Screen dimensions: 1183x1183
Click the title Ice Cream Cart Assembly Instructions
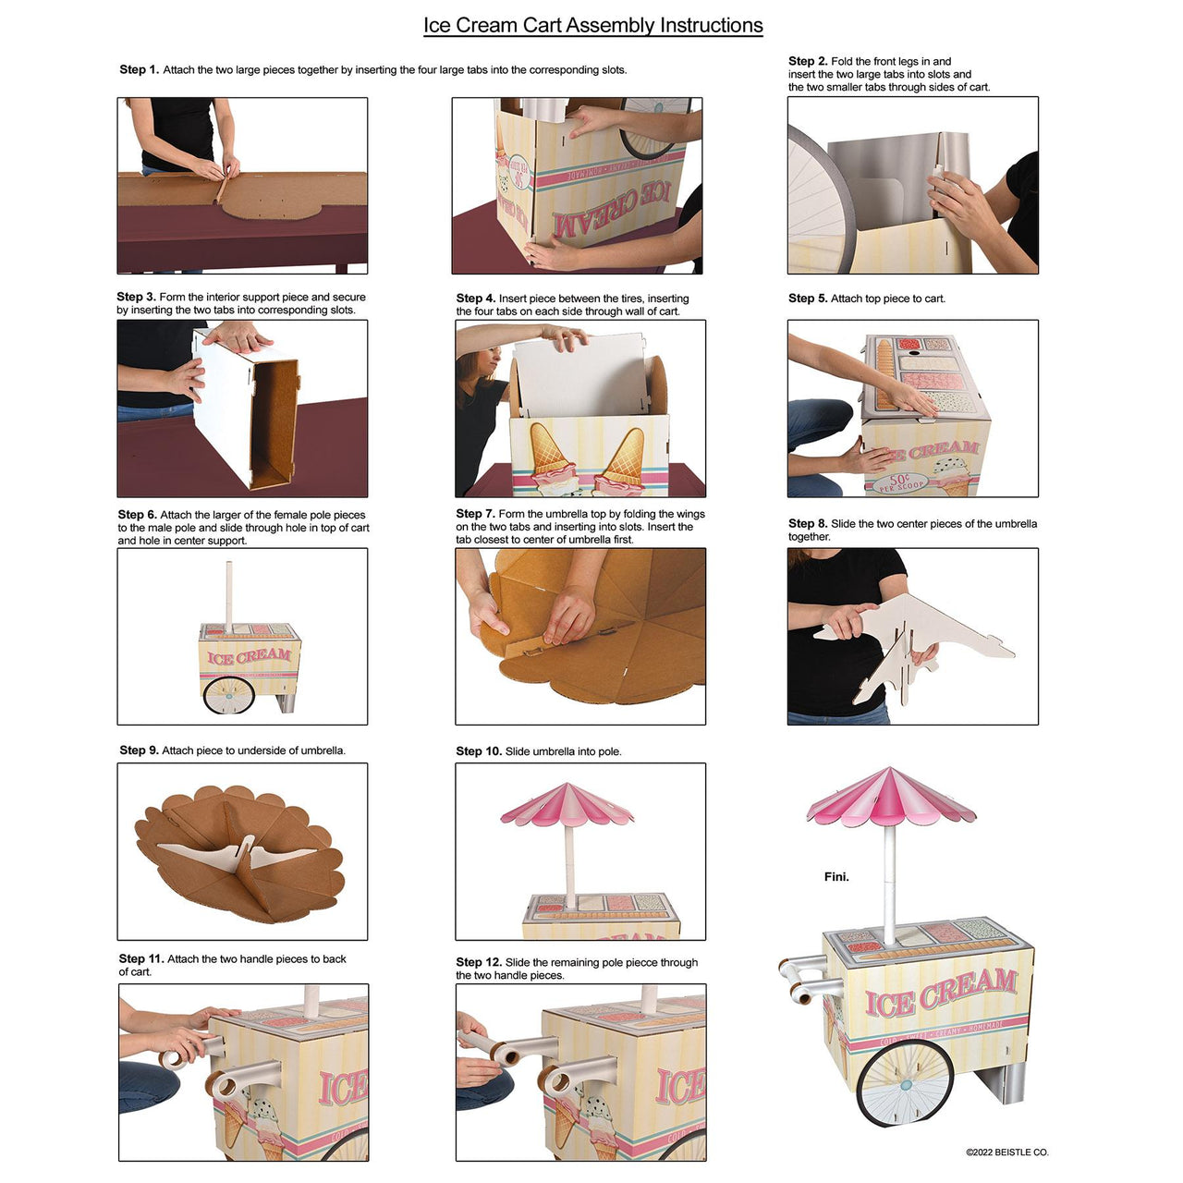pos(592,25)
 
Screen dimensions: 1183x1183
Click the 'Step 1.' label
pos(139,69)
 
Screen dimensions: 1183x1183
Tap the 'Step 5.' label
pos(808,299)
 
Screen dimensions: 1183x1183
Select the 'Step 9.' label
pos(139,750)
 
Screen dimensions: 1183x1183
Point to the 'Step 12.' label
pos(479,962)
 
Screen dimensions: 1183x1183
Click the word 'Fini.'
pos(836,876)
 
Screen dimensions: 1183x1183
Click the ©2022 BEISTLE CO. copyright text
pos(1006,1153)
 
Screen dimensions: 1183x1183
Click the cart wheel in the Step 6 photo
pos(228,695)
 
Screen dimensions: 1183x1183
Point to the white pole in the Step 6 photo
pos(228,596)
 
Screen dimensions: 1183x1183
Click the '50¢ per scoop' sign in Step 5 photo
pos(897,482)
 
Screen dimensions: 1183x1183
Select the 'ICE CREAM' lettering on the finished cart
pos(940,992)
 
